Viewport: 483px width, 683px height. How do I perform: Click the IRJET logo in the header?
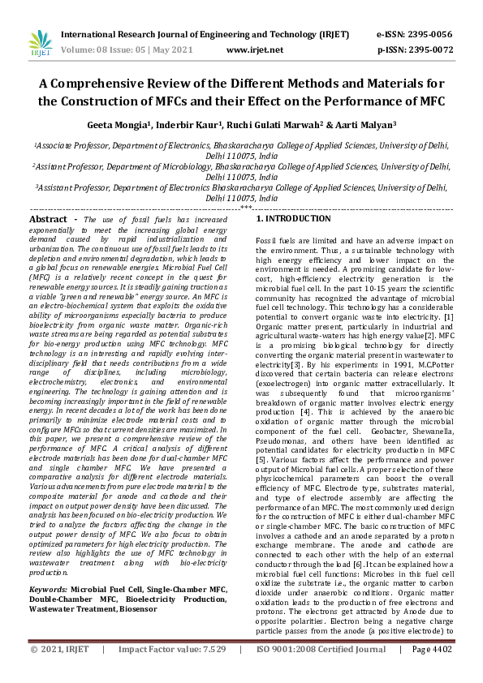(39, 41)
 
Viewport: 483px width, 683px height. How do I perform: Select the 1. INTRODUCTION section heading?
(294, 220)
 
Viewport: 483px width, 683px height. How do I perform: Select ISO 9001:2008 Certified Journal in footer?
(321, 672)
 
